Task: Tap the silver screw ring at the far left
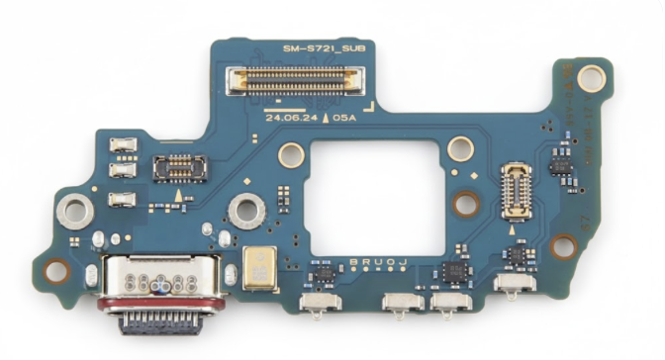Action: (69, 209)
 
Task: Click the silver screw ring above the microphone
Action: (243, 210)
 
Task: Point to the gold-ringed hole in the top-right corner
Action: (591, 75)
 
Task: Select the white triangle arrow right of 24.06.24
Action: (327, 116)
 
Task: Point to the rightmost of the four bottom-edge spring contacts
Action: (515, 285)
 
